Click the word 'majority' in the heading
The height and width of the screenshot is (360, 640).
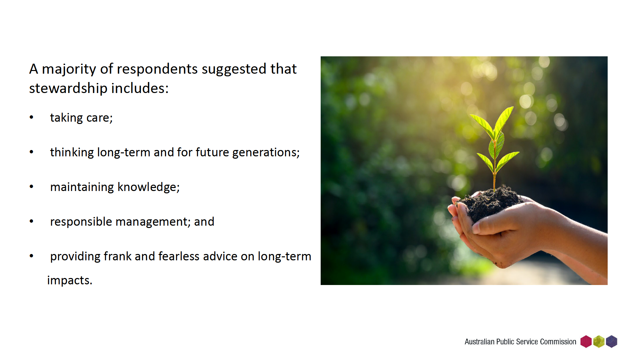pyautogui.click(x=69, y=69)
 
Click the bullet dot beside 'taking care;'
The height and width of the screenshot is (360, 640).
pyautogui.click(x=32, y=117)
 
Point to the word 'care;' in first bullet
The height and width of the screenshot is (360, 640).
pyautogui.click(x=100, y=118)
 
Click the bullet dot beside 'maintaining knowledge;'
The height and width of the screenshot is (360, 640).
pyautogui.click(x=32, y=186)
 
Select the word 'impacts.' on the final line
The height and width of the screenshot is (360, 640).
pyautogui.click(x=70, y=281)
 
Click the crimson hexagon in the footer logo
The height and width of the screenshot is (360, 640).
pyautogui.click(x=586, y=342)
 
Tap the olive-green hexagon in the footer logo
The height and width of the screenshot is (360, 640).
pyautogui.click(x=599, y=342)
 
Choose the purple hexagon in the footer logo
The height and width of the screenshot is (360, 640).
pyautogui.click(x=612, y=342)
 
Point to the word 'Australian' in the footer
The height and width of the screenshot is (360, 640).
pyautogui.click(x=480, y=342)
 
